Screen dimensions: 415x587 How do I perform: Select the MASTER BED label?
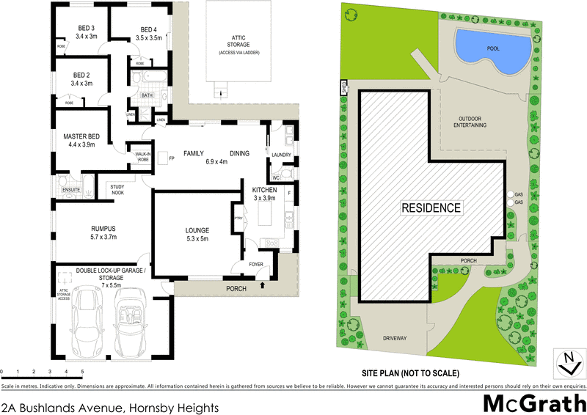[81, 136]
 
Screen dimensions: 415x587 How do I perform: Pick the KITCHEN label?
[265, 190]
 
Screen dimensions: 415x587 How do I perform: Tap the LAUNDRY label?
[282, 155]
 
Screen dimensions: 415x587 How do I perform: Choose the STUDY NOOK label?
[118, 190]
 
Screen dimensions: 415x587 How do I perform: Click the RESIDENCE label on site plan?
[431, 207]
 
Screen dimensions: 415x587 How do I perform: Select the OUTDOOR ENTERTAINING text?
[473, 122]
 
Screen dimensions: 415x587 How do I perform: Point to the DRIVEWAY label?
[394, 338]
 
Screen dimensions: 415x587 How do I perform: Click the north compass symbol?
[566, 361]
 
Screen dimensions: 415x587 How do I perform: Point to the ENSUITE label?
[70, 190]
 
